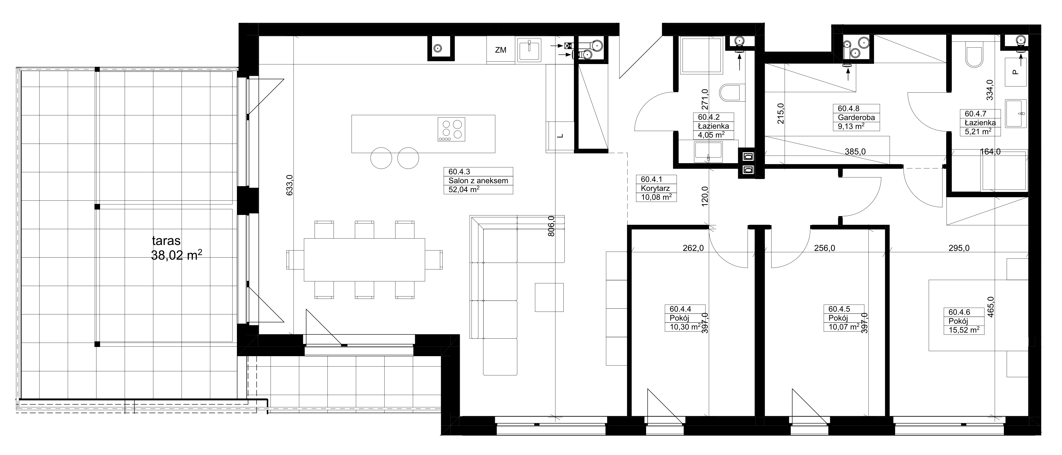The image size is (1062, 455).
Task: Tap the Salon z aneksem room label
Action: click(478, 180)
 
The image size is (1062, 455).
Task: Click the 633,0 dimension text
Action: click(289, 185)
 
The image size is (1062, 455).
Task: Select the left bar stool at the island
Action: click(381, 158)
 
